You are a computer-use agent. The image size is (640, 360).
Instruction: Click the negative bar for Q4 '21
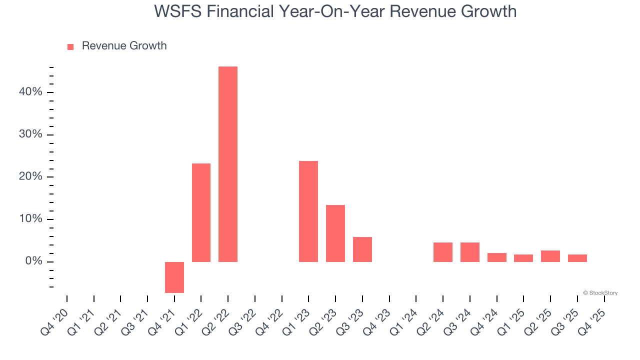pos(174,277)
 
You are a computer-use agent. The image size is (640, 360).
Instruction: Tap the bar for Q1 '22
pos(201,212)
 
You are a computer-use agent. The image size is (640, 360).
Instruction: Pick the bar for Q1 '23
pos(308,211)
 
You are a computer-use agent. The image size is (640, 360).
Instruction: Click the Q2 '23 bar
pos(335,233)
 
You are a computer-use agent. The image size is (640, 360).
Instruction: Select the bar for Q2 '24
pos(443,252)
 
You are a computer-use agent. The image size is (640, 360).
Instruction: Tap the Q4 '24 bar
pos(497,257)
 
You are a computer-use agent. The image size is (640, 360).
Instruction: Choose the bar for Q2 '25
pos(550,256)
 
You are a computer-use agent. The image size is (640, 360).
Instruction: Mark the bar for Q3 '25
pos(577,258)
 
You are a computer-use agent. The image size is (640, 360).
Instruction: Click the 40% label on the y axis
pos(30,92)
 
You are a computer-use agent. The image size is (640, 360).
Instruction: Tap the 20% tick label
pos(30,177)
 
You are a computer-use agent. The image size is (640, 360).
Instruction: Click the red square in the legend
pos(70,46)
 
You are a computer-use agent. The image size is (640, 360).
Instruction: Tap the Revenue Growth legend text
pos(124,46)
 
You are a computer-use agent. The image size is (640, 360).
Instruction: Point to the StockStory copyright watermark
pos(600,293)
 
